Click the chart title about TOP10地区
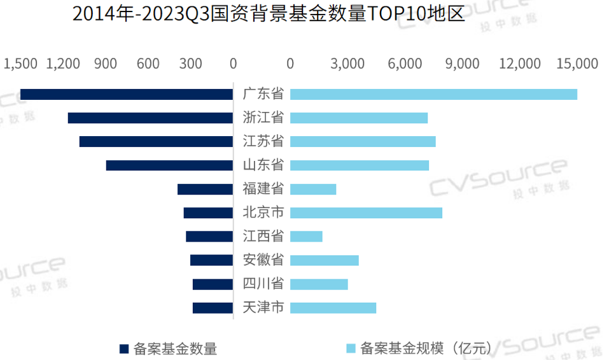(268, 14)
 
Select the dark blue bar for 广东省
(127, 94)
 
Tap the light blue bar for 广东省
(433, 94)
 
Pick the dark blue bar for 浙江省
(150, 118)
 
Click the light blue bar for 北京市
(366, 212)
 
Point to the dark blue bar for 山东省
(169, 165)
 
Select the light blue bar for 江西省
(306, 236)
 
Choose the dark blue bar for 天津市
(213, 308)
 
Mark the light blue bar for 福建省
(313, 189)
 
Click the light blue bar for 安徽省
(325, 260)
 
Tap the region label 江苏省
(263, 141)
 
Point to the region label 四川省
(263, 284)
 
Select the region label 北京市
(263, 212)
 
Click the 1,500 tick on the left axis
(21, 64)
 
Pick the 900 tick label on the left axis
(106, 64)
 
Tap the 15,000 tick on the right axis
(577, 64)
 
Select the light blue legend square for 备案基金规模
(350, 349)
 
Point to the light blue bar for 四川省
(319, 284)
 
